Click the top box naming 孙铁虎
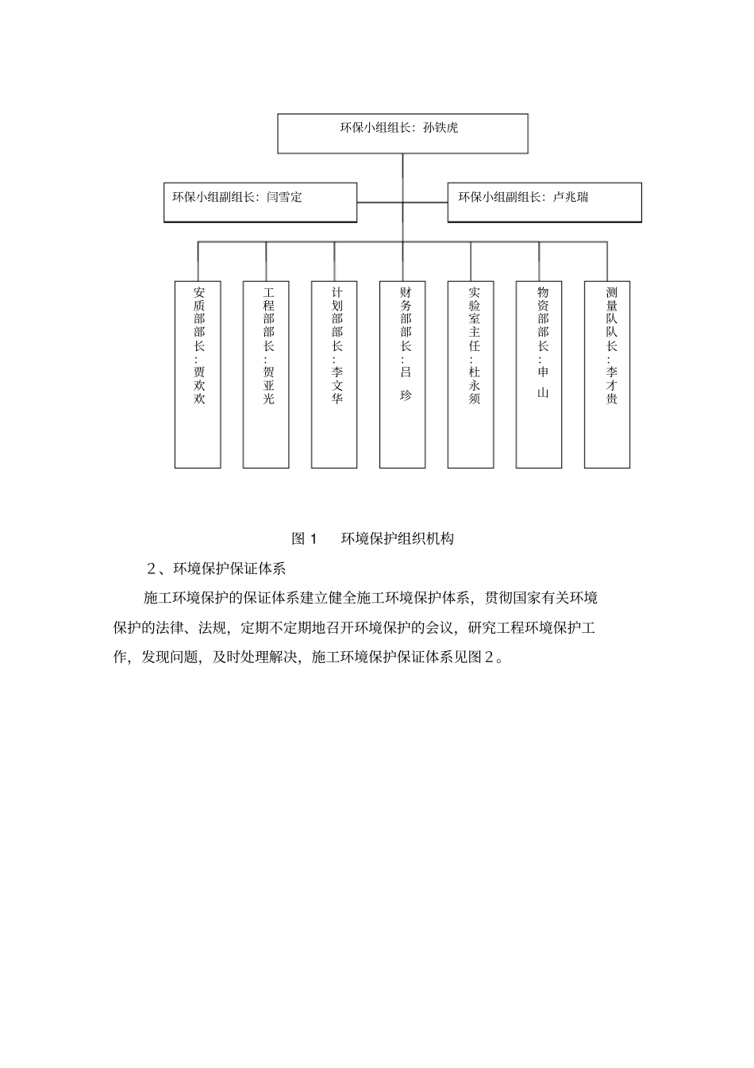click(402, 133)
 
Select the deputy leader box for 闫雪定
click(260, 202)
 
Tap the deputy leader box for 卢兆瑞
click(544, 202)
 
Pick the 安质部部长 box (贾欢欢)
click(198, 374)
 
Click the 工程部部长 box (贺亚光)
click(266, 374)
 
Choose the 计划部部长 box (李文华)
click(334, 374)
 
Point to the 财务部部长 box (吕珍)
click(402, 374)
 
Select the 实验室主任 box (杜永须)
click(471, 374)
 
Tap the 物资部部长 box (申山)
click(539, 374)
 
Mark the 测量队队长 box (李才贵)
click(607, 374)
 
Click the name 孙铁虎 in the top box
click(441, 127)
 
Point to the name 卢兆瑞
click(571, 196)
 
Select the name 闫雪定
click(284, 196)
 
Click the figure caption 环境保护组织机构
click(397, 538)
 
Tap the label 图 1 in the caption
click(304, 538)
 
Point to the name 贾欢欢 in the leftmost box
click(198, 385)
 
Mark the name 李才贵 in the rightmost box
click(611, 385)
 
